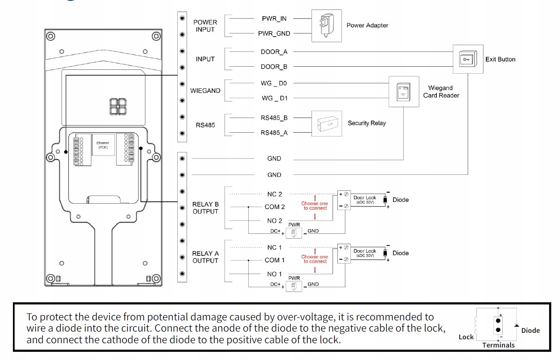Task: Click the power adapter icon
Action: pos(327,26)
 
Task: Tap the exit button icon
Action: pos(468,59)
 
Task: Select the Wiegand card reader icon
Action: pos(404,92)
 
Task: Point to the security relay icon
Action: pos(327,124)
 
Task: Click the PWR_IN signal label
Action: pos(274,19)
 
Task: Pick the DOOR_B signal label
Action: pos(274,67)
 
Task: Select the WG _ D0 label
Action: pos(274,84)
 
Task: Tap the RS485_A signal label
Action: pos(274,133)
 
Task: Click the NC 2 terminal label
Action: pos(275,194)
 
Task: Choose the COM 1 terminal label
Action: pos(275,260)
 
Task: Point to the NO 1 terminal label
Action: pos(275,274)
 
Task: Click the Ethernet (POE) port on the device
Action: pos(103,145)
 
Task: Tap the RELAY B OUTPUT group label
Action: pos(205,208)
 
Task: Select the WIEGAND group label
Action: pos(205,91)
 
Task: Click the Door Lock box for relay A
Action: pos(365,253)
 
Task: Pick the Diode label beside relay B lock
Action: pos(401,200)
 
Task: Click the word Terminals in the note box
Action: pos(498,345)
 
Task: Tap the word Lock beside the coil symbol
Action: pos(466,337)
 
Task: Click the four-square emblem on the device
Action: pos(118,107)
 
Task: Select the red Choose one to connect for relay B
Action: pos(315,206)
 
